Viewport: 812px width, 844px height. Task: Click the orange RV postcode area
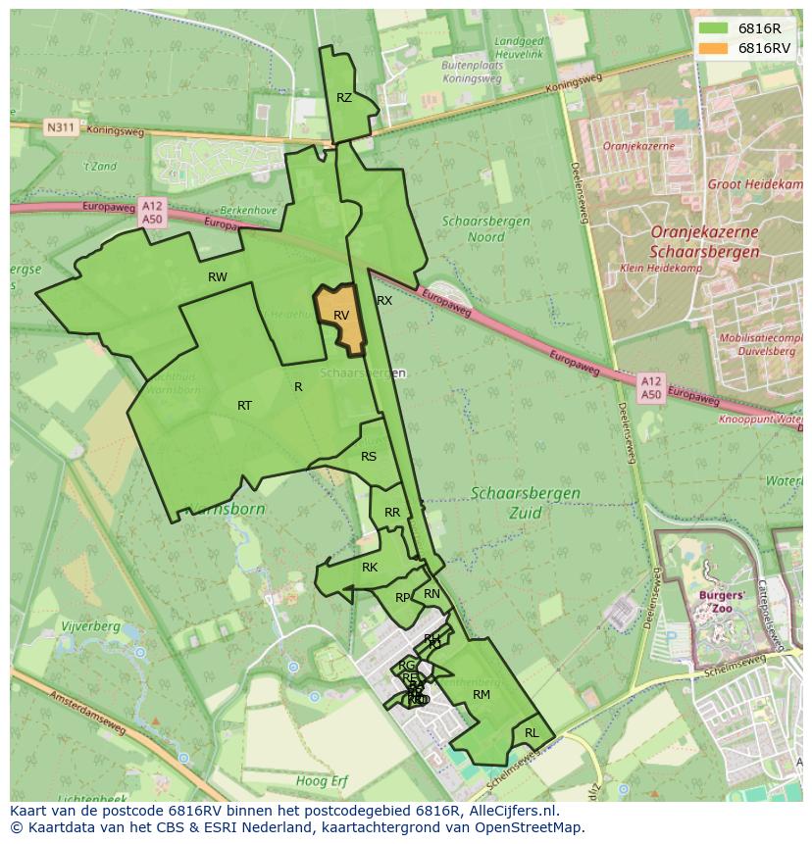point(340,319)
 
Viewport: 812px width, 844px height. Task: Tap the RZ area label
point(344,98)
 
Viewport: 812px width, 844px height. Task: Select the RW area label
point(218,277)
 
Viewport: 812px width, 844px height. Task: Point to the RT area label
point(244,406)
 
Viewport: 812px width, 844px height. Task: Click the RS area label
point(369,457)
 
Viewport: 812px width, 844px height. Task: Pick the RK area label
point(370,568)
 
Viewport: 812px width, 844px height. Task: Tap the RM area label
point(481,695)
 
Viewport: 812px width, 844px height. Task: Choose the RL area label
point(532,733)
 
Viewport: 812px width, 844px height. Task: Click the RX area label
point(384,301)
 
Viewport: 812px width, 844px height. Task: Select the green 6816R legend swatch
point(714,28)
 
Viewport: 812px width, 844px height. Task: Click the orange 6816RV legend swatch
point(714,48)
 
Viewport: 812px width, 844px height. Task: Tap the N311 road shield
point(61,127)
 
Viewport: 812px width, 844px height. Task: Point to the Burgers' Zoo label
point(722,601)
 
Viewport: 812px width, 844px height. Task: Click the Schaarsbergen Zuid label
point(525,502)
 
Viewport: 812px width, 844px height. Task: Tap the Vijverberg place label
point(89,626)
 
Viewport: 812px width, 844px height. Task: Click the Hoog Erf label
point(323,781)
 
